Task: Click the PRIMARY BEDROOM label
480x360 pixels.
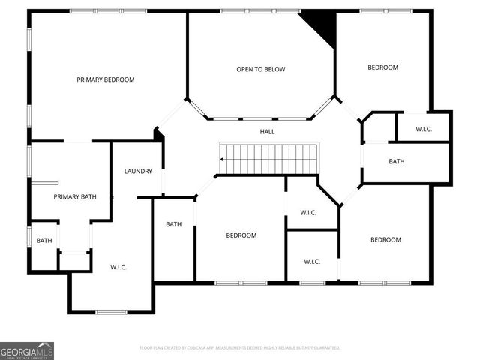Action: tap(105, 79)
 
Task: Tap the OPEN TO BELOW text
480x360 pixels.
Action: tap(261, 70)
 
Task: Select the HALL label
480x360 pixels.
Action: tap(267, 132)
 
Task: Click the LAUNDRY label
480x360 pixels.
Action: tap(138, 172)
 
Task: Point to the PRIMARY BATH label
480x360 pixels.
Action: tap(75, 197)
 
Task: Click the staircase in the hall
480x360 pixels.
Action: tap(271, 158)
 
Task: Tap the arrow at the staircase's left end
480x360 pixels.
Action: tap(223, 159)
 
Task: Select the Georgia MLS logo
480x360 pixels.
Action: tap(27, 350)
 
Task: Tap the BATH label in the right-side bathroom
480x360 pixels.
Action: tap(397, 162)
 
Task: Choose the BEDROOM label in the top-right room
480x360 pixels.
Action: tap(382, 67)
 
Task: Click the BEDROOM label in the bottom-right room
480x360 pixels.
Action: tap(385, 240)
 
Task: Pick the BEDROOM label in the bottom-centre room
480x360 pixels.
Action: tap(241, 235)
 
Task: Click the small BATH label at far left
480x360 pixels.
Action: tap(44, 241)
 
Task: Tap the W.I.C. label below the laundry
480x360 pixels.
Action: tap(118, 267)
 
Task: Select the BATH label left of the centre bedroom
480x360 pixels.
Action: tap(174, 224)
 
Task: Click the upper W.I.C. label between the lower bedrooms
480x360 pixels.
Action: tap(308, 213)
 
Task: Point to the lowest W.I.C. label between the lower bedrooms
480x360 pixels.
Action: tap(312, 262)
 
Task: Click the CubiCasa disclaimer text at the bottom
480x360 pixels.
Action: tap(240, 348)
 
